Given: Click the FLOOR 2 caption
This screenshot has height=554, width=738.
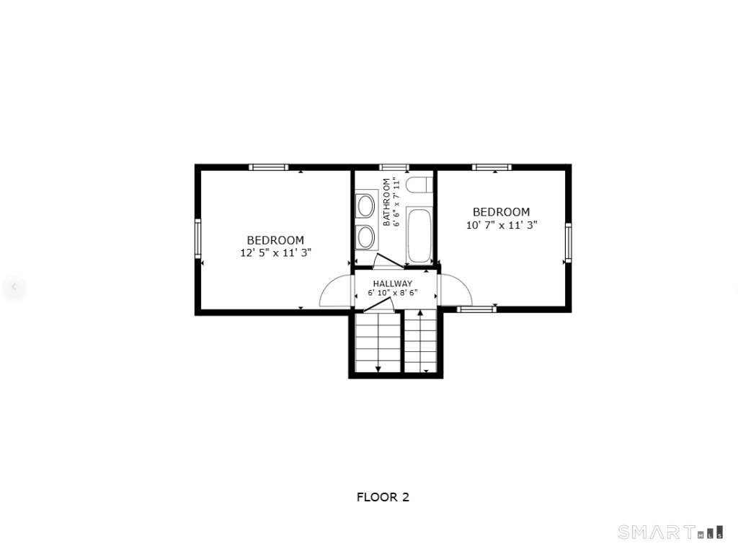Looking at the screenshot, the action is coord(383,497).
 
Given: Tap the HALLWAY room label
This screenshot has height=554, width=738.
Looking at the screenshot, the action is coord(393,283).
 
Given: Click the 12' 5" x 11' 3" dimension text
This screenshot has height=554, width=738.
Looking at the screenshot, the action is coord(276,253).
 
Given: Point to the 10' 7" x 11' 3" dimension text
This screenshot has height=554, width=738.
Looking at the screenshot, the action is coord(502,225).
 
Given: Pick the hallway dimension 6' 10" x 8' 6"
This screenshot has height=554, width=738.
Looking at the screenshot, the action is coord(393,293).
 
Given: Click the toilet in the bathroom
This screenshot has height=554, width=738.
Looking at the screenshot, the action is coord(419,185).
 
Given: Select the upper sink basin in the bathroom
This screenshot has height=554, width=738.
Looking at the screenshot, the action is coord(365,206).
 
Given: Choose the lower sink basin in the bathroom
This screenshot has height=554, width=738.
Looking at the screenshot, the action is coord(365,237).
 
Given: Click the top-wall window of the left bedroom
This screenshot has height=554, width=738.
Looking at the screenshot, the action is coord(268,167).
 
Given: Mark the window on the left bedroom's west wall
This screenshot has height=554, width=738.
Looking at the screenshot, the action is coord(198,238).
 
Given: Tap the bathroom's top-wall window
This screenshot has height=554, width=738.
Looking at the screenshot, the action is coord(394,167).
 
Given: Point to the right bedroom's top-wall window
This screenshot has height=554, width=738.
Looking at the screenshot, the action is coord(492,167).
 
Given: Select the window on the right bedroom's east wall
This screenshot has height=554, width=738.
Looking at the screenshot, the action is coord(568,242).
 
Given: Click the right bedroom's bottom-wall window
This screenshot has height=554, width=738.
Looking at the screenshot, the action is coord(477,309).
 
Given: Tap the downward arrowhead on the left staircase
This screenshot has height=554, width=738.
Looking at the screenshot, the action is coord(378,369).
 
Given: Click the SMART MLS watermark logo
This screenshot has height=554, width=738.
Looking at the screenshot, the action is coord(671,532).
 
